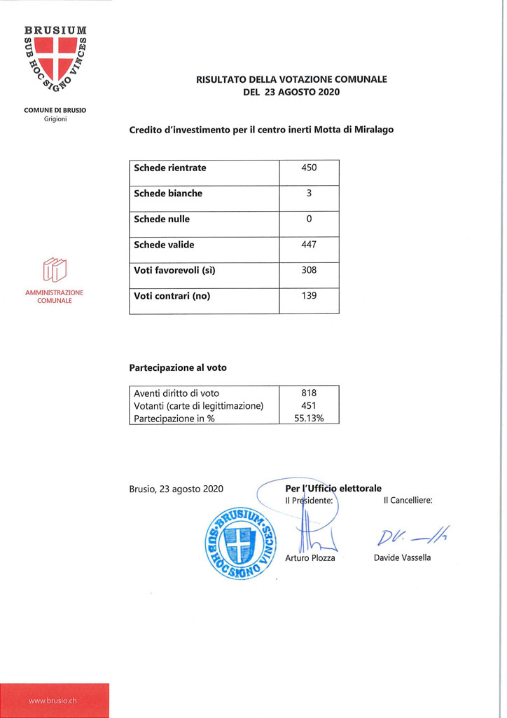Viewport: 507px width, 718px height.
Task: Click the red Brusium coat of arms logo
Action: pyautogui.click(x=55, y=62)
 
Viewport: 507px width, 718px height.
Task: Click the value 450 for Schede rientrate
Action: pyautogui.click(x=309, y=168)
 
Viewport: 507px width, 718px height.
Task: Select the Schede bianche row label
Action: pyautogui.click(x=168, y=194)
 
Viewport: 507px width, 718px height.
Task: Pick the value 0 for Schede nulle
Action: pyautogui.click(x=309, y=219)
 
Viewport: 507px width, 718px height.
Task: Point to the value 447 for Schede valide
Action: pyautogui.click(x=309, y=245)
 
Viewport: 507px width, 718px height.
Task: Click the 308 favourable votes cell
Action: pyautogui.click(x=309, y=270)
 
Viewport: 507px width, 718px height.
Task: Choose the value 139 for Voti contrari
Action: pyautogui.click(x=309, y=296)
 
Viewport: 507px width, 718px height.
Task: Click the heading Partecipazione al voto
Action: pyautogui.click(x=178, y=367)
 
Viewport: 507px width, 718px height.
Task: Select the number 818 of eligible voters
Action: pyautogui.click(x=309, y=393)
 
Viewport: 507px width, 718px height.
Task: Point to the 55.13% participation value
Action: pyautogui.click(x=309, y=418)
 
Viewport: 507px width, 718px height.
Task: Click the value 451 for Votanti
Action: pyautogui.click(x=309, y=405)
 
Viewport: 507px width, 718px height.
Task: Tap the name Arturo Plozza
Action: pyautogui.click(x=310, y=557)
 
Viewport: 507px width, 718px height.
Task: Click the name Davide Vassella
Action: pyautogui.click(x=403, y=557)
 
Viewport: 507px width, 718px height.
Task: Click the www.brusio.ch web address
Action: pyautogui.click(x=53, y=700)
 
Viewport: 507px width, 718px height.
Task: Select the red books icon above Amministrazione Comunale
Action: pyautogui.click(x=55, y=270)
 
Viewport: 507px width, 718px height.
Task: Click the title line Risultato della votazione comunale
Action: pyautogui.click(x=291, y=80)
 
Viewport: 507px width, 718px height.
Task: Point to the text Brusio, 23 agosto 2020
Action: pyautogui.click(x=176, y=489)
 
